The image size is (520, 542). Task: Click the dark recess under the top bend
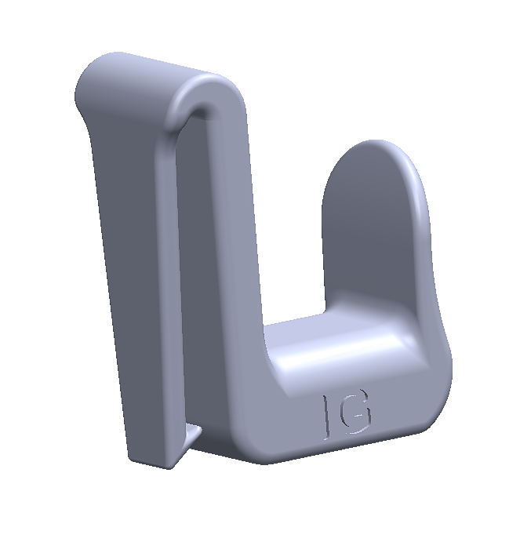[199, 111]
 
